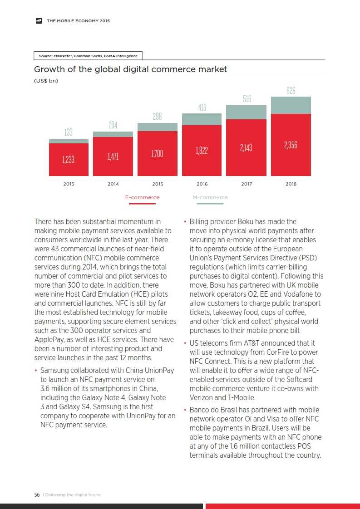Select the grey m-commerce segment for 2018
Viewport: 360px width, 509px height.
[x=291, y=105]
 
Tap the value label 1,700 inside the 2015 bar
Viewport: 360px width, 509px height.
[x=157, y=154]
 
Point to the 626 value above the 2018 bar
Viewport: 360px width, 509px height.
[x=291, y=91]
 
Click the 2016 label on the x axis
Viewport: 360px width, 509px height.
[x=202, y=184]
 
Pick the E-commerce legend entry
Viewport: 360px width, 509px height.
[x=142, y=198]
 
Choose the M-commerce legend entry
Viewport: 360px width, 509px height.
[x=210, y=198]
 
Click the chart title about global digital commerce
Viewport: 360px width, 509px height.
[x=131, y=69]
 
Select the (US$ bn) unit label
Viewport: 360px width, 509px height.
[x=46, y=81]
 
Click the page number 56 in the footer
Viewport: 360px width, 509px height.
[x=37, y=494]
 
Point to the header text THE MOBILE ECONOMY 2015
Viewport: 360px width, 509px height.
[x=78, y=21]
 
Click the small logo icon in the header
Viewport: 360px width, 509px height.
[x=39, y=20]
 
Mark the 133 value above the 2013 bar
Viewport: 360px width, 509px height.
[x=68, y=132]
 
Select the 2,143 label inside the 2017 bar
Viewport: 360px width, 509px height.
[x=246, y=148]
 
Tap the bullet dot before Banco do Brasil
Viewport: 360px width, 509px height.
[x=185, y=410]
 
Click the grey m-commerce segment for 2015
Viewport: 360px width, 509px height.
[x=158, y=127]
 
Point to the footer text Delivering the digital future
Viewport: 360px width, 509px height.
[x=73, y=494]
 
